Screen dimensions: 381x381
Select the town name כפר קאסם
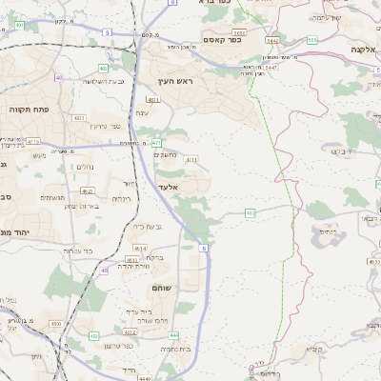221,40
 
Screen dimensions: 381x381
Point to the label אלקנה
362,49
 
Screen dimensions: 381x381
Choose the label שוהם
161,287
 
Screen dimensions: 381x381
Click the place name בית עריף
136,311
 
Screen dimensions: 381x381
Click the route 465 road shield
250,213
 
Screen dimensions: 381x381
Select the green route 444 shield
173,335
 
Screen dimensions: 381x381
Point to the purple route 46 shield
102,271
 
